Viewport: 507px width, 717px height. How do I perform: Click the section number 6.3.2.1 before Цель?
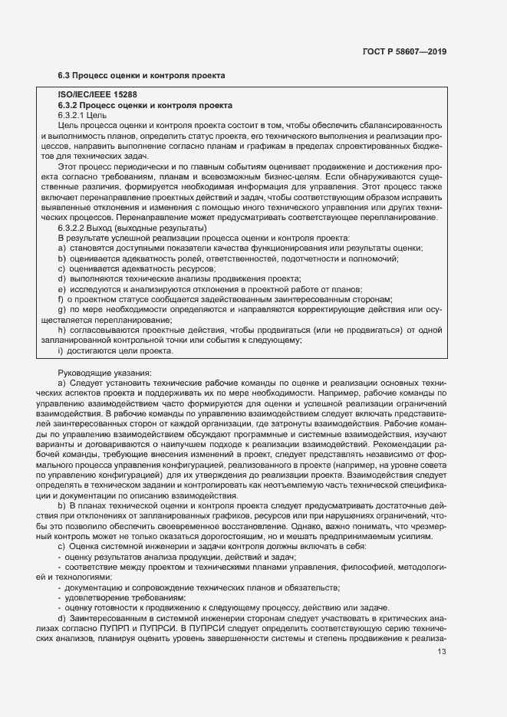[74, 114]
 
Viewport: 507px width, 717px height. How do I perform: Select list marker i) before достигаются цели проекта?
[61, 350]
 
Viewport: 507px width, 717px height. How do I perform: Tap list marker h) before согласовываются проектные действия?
[61, 330]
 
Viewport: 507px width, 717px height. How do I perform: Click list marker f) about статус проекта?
[61, 299]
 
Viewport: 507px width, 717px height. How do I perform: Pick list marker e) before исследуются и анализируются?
[61, 289]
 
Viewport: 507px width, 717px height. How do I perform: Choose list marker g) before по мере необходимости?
[61, 309]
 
